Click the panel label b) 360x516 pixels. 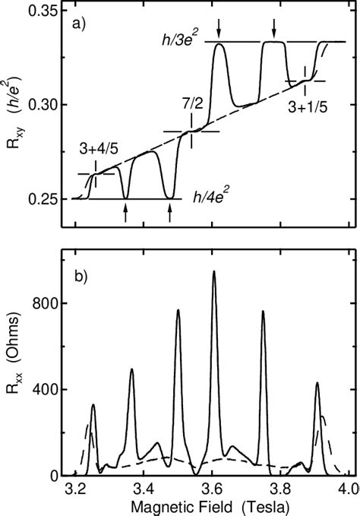[82, 275]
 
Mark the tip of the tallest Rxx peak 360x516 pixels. [213, 271]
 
